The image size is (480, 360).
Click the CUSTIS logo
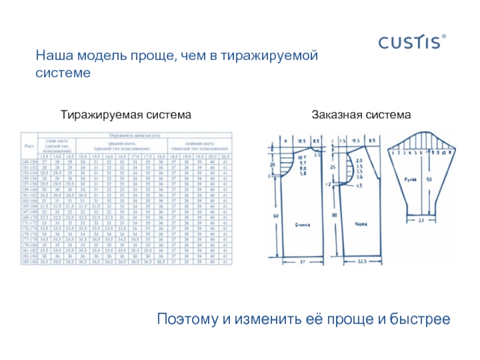(x=412, y=43)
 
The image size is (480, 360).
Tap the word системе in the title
(x=62, y=73)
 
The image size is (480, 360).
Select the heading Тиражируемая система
(x=127, y=114)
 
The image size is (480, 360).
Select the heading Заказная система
(x=361, y=114)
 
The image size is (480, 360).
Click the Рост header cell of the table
(x=29, y=145)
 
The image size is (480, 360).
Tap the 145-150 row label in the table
(x=29, y=162)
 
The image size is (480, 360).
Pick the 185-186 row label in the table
(x=29, y=262)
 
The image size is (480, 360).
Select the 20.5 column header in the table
(x=225, y=157)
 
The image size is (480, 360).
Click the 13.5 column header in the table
(x=46, y=157)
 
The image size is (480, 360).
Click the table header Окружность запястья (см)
(x=136, y=135)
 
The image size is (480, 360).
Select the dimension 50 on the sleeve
(x=429, y=179)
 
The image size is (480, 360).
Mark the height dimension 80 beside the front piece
(x=334, y=214)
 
